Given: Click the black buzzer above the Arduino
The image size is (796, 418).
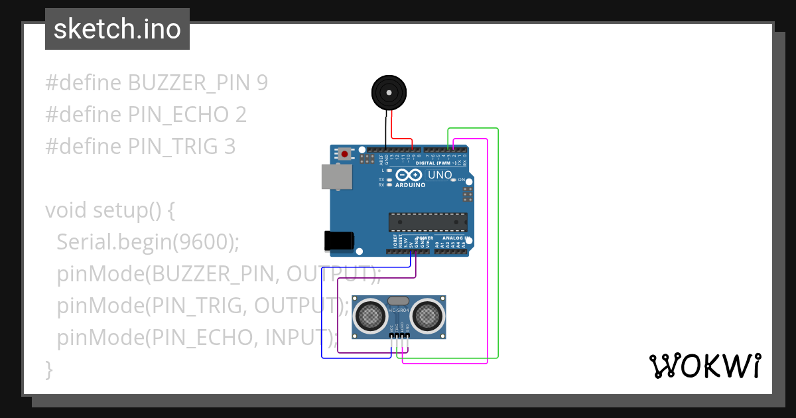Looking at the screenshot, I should (388, 92).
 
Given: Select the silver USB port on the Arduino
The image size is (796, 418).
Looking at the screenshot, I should (338, 177).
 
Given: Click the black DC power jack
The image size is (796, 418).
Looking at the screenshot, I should (338, 241).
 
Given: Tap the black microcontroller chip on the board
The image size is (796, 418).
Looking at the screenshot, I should (428, 222).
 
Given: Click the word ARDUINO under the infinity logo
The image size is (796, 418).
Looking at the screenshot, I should (410, 185).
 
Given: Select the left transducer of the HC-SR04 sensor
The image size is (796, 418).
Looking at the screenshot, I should (370, 316).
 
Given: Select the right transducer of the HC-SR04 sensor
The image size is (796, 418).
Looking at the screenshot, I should (427, 316).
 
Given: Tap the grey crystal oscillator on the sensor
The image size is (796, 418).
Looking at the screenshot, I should (398, 301).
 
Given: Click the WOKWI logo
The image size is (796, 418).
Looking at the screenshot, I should (704, 366).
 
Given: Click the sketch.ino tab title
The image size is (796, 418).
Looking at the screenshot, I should (117, 29).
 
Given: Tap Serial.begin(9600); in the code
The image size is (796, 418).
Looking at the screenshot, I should (147, 242).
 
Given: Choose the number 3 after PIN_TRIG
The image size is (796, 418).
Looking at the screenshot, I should (229, 147).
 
